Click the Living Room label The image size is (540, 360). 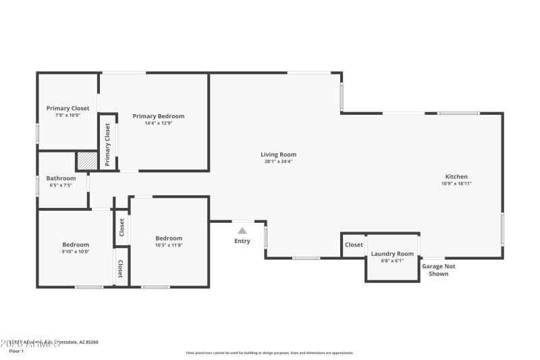coord(279,155)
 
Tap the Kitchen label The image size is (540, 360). coord(456,176)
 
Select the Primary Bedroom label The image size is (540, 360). coord(158,116)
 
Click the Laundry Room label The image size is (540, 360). coord(392,254)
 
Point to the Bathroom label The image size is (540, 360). coord(61,178)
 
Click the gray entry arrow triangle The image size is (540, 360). coord(242,230)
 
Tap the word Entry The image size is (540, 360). coord(242,241)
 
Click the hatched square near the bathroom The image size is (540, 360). coord(86,161)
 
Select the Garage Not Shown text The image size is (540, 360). coord(439,270)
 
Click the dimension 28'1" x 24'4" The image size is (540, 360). coord(279,161)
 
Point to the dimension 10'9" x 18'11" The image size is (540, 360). coord(456,184)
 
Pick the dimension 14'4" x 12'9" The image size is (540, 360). coord(158,123)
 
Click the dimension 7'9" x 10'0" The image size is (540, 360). coord(67,115)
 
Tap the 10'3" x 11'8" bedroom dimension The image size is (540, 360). coord(169,245)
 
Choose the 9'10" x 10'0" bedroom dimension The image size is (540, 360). coord(76,252)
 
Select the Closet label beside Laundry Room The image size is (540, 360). coord(354,245)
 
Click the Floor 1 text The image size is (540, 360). coord(16,351)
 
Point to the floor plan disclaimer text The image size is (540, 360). coord(269,353)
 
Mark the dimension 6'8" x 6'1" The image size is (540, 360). coord(392,261)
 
